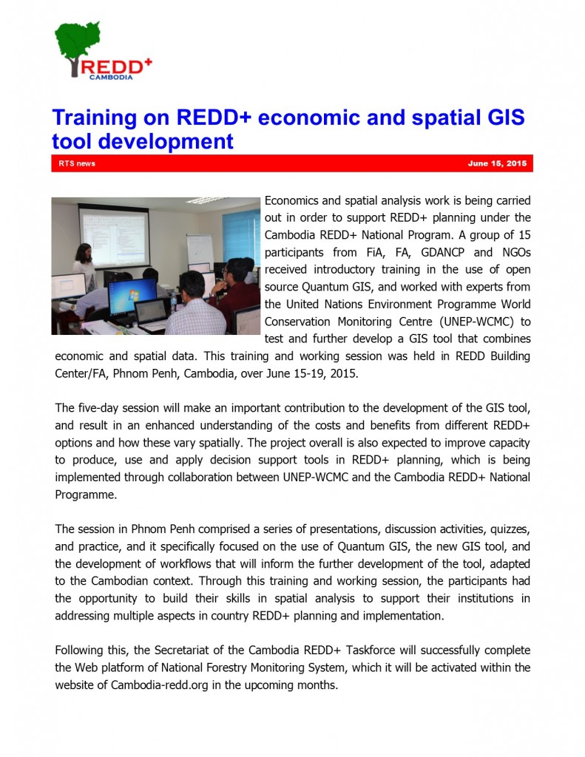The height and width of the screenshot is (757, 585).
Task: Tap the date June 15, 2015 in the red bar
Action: click(497, 163)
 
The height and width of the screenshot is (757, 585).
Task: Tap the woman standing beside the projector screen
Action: click(84, 266)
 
